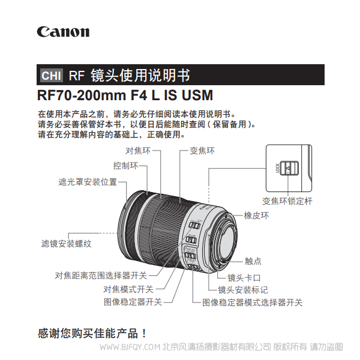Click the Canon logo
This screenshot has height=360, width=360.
(63, 32)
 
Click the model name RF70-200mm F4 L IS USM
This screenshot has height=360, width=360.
(125, 95)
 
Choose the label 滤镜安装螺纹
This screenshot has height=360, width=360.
(66, 244)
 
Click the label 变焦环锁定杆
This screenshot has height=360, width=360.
(287, 202)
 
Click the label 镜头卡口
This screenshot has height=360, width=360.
(244, 278)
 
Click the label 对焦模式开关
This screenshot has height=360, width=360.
(128, 289)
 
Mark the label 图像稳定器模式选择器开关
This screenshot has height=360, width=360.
(252, 302)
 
